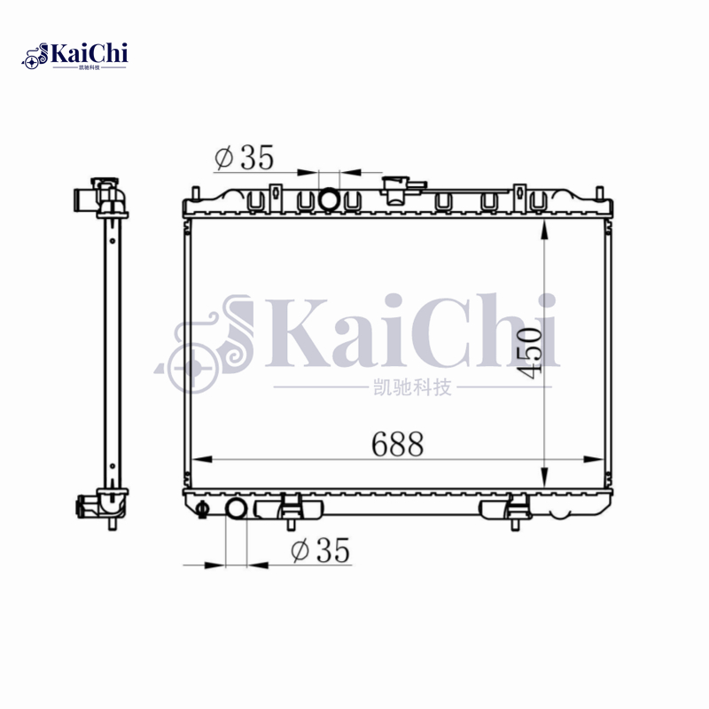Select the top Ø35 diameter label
tap(245, 158)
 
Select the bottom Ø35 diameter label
tap(321, 551)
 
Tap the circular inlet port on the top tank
tap(329, 200)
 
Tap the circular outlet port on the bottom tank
tap(237, 510)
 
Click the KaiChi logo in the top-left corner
tap(76, 55)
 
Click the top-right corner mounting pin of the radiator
tap(600, 192)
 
